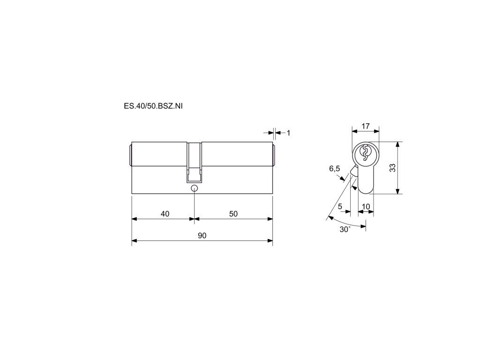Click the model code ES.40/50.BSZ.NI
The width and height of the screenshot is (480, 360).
click(153, 106)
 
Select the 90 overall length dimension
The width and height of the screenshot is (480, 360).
click(202, 235)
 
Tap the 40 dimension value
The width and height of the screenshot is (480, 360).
click(165, 214)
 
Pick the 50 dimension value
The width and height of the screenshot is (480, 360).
click(233, 214)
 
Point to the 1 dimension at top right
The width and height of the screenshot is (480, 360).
click(288, 133)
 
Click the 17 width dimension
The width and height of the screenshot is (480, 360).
click(366, 126)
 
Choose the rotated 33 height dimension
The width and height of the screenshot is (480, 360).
click(392, 168)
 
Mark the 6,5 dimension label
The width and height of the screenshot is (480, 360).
click(335, 168)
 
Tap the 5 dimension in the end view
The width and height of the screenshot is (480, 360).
click(340, 207)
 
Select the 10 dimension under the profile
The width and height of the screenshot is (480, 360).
click(366, 207)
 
